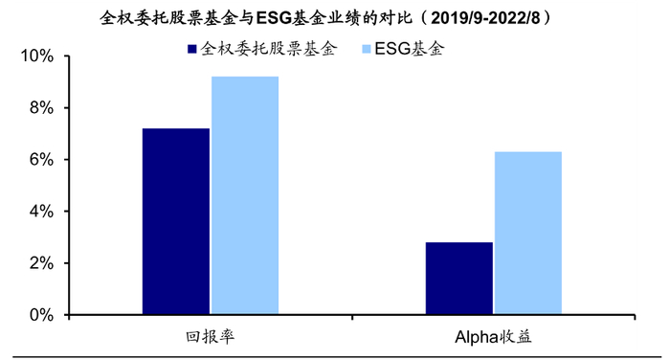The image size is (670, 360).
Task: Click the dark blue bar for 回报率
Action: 176,221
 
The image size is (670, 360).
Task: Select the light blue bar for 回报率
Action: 245,195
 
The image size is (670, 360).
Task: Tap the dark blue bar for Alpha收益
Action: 458,278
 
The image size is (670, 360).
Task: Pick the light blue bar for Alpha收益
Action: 527,233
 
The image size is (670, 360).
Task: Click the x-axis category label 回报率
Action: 211,337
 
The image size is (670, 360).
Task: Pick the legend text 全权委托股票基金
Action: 269,48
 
